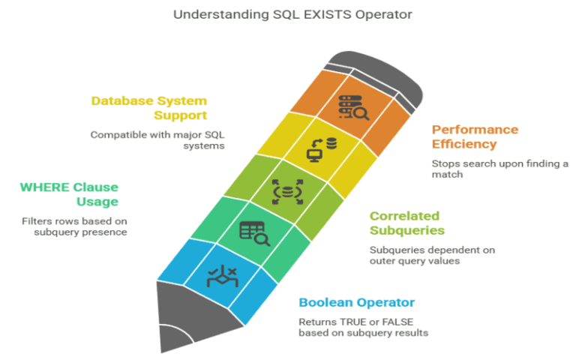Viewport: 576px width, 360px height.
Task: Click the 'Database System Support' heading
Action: coord(149,107)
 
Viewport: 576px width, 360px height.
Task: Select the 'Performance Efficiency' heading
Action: coord(474,136)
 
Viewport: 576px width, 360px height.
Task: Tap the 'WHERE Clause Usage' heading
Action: coord(69,193)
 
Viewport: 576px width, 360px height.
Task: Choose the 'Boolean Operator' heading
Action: coord(356,303)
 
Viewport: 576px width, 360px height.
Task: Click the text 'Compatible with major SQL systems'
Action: coord(157,140)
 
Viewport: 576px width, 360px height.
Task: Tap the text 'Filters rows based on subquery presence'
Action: coord(73,226)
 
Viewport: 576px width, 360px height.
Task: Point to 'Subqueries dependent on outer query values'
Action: coord(431,255)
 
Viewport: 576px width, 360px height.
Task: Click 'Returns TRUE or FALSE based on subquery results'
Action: coord(363,327)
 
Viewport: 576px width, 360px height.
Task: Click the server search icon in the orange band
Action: coord(353,108)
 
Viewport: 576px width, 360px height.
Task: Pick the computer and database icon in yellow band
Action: coord(322,148)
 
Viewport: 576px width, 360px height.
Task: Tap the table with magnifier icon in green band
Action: coord(254,233)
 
